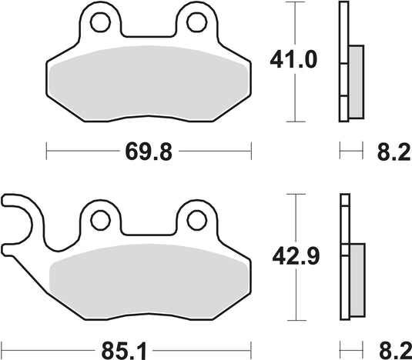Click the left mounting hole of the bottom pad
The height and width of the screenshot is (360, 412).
[99, 220]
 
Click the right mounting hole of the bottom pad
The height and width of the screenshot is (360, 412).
[193, 220]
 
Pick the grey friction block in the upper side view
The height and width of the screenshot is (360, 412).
[356, 81]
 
